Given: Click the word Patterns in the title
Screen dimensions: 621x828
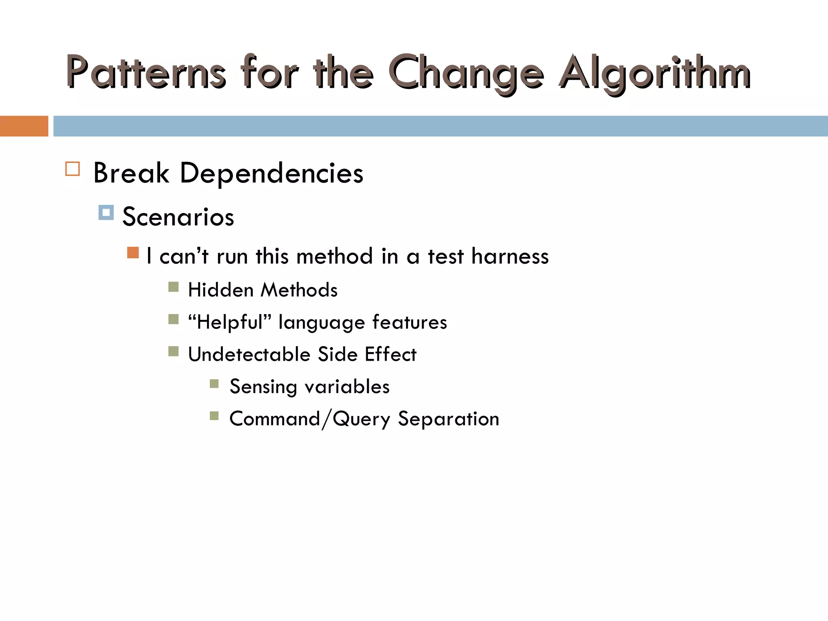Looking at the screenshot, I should click(146, 73).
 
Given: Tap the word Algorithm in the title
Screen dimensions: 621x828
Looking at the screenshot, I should click(655, 73).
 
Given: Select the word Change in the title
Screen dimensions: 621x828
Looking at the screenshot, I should click(467, 73).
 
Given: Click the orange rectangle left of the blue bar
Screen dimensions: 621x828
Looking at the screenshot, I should click(24, 126).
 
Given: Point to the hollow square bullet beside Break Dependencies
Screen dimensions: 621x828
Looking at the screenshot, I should click(72, 169).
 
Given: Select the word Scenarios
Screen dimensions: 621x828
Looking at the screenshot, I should click(178, 217).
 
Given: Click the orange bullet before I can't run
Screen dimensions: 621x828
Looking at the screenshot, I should click(133, 253).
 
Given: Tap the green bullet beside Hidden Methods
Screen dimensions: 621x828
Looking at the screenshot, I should click(173, 287).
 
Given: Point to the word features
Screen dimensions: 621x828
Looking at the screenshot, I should click(410, 323).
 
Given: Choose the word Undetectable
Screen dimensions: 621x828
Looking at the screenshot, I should click(249, 355).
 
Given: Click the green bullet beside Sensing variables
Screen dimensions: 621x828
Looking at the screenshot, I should click(214, 383).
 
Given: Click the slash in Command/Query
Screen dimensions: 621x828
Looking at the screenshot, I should click(326, 419).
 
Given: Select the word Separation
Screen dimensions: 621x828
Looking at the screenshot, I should click(448, 419).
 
